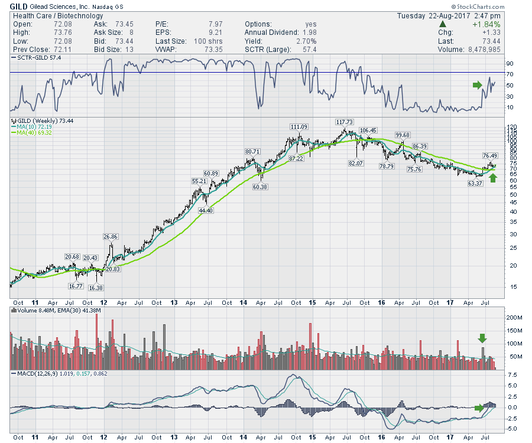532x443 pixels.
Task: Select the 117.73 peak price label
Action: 343,122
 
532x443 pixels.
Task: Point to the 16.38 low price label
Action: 95,288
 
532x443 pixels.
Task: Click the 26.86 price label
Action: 111,236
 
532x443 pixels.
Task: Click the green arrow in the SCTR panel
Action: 478,85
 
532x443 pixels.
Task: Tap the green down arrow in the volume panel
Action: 482,338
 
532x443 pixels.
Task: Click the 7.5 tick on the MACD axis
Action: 512,374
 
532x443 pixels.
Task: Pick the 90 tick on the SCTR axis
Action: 509,63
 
